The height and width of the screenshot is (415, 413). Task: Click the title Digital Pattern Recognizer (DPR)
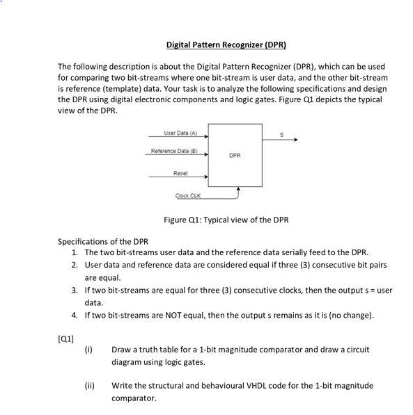click(226, 45)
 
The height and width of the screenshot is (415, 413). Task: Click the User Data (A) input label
click(180, 133)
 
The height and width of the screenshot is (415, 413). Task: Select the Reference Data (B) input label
click(175, 151)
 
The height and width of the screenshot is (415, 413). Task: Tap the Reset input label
click(180, 172)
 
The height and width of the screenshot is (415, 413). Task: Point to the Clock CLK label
click(188, 197)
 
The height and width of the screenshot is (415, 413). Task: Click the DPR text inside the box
click(235, 156)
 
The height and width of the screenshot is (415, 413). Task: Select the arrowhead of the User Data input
click(206, 137)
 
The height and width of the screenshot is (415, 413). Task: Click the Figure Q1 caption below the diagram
click(226, 220)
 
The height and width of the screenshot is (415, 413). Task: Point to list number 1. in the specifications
click(75, 252)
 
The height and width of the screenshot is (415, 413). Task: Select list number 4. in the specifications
click(75, 316)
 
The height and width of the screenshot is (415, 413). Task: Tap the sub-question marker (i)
click(88, 349)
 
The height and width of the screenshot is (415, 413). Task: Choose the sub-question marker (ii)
click(89, 386)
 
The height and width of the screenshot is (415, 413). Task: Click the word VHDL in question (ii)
click(242, 386)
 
